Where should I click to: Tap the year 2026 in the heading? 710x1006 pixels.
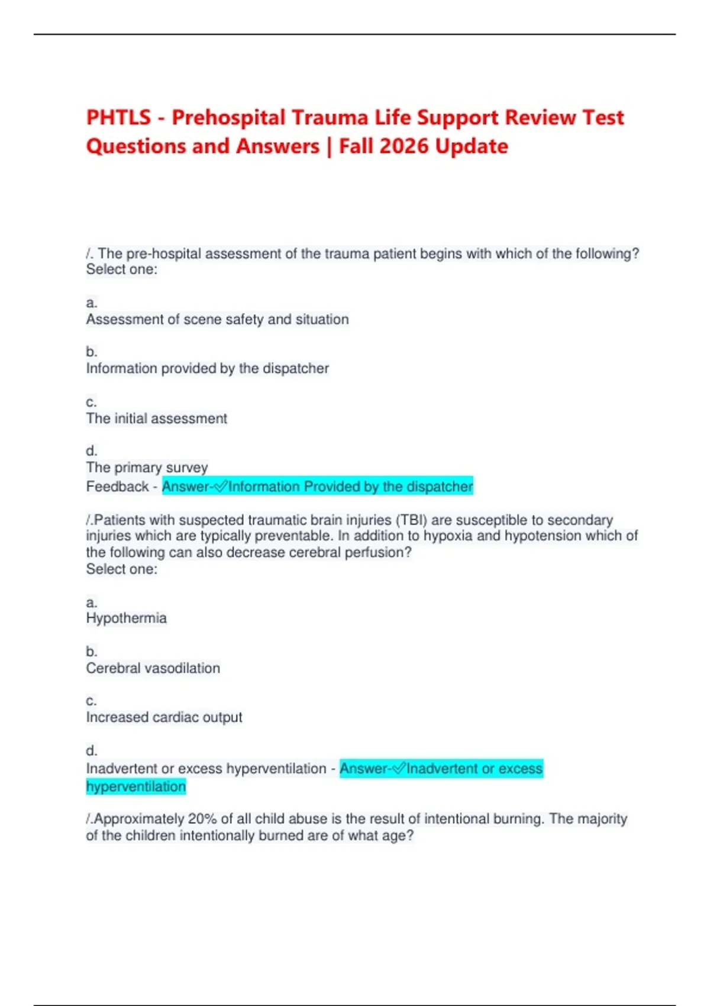pos(408,146)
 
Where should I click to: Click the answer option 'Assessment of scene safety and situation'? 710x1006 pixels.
pos(217,320)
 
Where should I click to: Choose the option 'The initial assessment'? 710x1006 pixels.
pos(156,418)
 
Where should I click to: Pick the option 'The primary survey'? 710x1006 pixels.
pos(147,467)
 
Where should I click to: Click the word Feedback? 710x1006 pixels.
pos(117,486)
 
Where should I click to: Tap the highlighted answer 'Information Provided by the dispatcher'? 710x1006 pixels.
pos(350,486)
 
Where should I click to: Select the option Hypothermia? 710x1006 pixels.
pos(126,618)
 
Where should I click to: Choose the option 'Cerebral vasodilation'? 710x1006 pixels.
pos(153,668)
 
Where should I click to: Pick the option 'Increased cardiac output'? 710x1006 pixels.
pos(164,717)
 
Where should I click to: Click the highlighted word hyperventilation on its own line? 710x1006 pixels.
pos(136,786)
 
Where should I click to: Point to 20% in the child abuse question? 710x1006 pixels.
pos(202,819)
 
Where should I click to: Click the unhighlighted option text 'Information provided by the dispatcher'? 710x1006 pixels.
pos(207,369)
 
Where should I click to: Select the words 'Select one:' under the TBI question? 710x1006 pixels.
pos(121,569)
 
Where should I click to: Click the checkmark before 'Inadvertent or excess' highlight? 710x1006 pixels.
pos(399,769)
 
